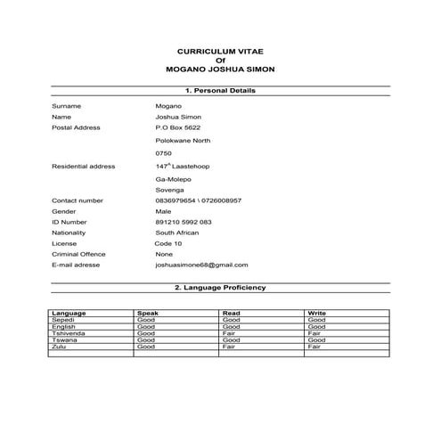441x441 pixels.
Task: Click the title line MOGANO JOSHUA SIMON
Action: [x=220, y=68]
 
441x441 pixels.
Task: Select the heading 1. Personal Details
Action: [x=219, y=91]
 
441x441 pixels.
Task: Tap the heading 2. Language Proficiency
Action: [x=219, y=288]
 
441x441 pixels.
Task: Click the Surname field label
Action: [x=67, y=106]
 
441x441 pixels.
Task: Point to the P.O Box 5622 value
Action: [x=176, y=127]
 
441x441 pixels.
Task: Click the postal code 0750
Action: [x=163, y=153]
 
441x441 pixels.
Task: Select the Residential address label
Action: [x=84, y=167]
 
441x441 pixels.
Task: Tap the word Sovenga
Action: [x=170, y=190]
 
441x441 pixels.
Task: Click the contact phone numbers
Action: [x=198, y=200]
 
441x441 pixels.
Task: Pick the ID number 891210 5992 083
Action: [x=184, y=222]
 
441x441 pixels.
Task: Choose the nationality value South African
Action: [x=177, y=233]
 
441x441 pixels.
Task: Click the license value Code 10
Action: [x=168, y=243]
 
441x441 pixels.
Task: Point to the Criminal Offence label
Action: [x=78, y=254]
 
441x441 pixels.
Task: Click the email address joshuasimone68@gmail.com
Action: [x=201, y=265]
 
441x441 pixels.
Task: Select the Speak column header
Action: [x=147, y=313]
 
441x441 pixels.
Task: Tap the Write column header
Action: [x=316, y=313]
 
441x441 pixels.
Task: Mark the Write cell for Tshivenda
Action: [x=314, y=333]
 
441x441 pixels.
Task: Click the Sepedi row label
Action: [x=64, y=320]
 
